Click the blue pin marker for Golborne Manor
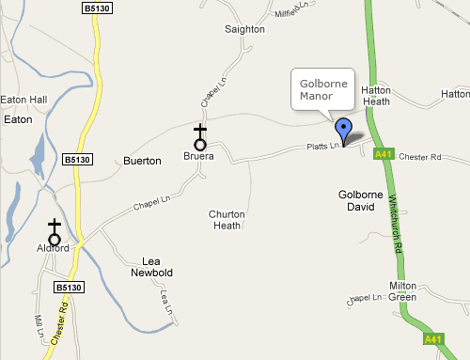(344, 131)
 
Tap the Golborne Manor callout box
(323, 90)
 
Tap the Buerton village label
(143, 162)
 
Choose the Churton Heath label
(227, 220)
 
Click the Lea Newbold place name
(158, 267)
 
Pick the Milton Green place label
(403, 291)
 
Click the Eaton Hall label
(24, 99)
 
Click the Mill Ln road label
(39, 325)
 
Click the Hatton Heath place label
(375, 96)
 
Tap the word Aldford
(54, 249)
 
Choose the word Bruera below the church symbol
(199, 156)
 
